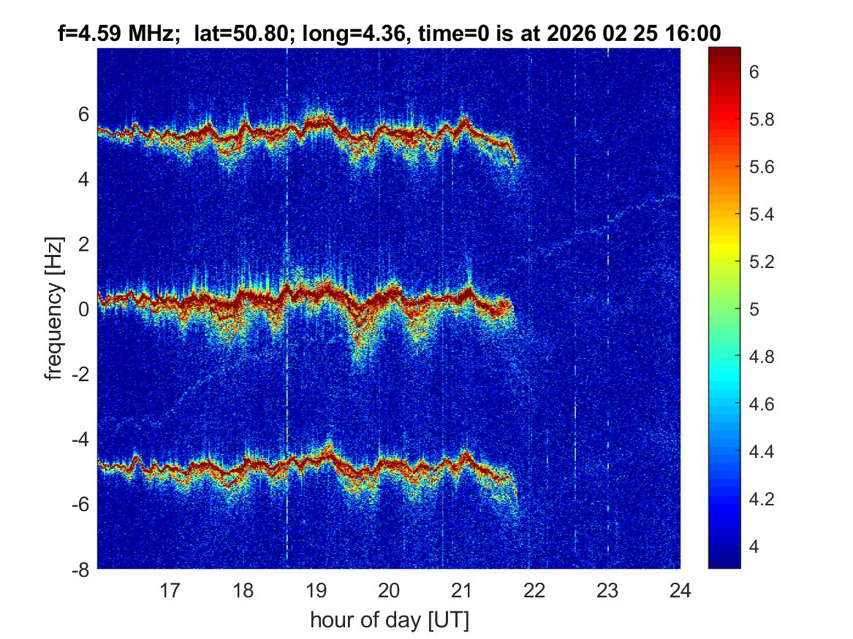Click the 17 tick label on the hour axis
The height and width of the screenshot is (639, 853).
170,590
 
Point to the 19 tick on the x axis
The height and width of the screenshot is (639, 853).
316,590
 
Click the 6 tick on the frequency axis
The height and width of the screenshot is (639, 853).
83,114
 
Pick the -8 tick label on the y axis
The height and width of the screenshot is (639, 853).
80,569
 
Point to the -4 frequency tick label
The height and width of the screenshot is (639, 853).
80,439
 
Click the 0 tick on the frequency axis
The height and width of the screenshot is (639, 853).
83,309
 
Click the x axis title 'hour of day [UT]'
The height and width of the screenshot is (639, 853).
389,620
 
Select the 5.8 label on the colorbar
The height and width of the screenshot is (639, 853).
765,120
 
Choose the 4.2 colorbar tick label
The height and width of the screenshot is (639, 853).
765,499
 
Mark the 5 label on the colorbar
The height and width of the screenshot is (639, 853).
756,309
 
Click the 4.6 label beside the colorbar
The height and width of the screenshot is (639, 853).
765,404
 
